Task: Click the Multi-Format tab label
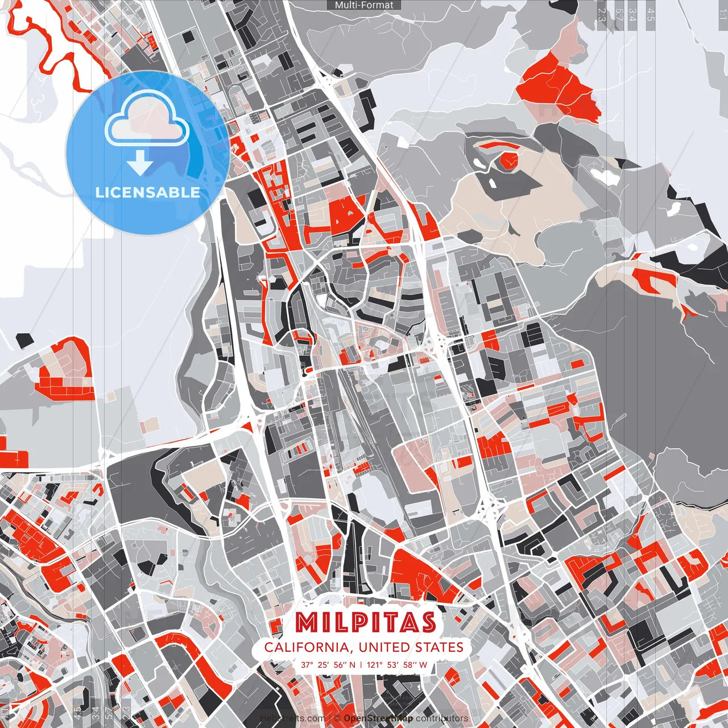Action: [x=364, y=5]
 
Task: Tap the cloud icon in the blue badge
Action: [x=147, y=120]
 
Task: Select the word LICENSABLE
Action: [x=148, y=192]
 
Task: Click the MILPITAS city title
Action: [x=366, y=623]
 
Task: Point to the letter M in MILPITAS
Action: [x=308, y=623]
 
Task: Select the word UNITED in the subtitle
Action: [x=382, y=647]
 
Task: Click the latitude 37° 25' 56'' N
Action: [x=328, y=664]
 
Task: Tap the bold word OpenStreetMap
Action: [x=378, y=718]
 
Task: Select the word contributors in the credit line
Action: [x=442, y=718]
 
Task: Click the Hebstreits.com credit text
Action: [x=292, y=718]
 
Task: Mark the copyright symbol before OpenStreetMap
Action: [x=337, y=718]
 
